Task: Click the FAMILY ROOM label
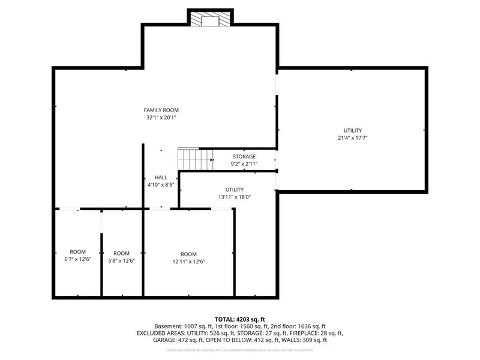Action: point(161,110)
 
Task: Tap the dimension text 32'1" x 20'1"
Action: point(161,118)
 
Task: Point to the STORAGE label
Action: point(244,157)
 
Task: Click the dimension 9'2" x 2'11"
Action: point(244,164)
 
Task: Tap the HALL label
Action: point(161,178)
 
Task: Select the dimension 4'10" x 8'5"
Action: point(161,185)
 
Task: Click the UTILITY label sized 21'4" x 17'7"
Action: point(353,130)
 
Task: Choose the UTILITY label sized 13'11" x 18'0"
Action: point(235,190)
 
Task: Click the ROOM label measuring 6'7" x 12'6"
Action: point(77,252)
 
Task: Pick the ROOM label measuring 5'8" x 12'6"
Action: point(122,253)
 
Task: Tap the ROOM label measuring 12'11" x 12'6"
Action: point(188,254)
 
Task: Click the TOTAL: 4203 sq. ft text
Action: point(239,319)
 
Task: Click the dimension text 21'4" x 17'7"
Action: point(353,138)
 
